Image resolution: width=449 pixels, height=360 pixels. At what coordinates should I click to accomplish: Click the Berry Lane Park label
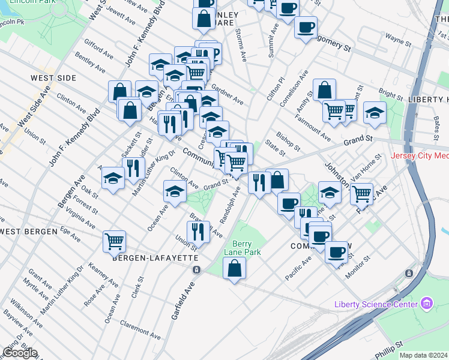click(x=247, y=248)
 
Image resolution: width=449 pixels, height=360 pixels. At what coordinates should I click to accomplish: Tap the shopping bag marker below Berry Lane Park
click(x=235, y=269)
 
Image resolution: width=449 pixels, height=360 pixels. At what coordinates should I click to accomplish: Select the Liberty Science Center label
click(x=376, y=305)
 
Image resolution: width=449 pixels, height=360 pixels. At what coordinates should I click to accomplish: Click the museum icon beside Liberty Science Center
click(x=427, y=303)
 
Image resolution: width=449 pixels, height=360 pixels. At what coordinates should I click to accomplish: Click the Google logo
click(x=20, y=353)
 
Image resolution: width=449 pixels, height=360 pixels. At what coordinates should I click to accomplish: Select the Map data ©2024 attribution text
click(x=424, y=355)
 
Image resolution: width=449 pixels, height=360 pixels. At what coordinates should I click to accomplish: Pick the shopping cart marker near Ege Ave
click(x=114, y=242)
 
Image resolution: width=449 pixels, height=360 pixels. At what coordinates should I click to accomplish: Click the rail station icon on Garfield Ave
click(x=196, y=269)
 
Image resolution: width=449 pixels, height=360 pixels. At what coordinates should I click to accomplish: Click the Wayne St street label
click(x=397, y=40)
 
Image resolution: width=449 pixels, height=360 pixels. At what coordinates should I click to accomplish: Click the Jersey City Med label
click(x=420, y=156)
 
